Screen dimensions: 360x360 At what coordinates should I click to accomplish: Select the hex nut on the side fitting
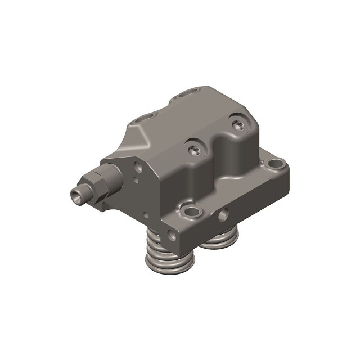pyautogui.click(x=93, y=181)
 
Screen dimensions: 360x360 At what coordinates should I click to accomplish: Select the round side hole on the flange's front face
pyautogui.click(x=224, y=214)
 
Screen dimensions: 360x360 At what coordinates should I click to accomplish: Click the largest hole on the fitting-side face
pyautogui.click(x=139, y=166)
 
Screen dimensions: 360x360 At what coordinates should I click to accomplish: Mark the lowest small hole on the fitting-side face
pyautogui.click(x=145, y=214)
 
